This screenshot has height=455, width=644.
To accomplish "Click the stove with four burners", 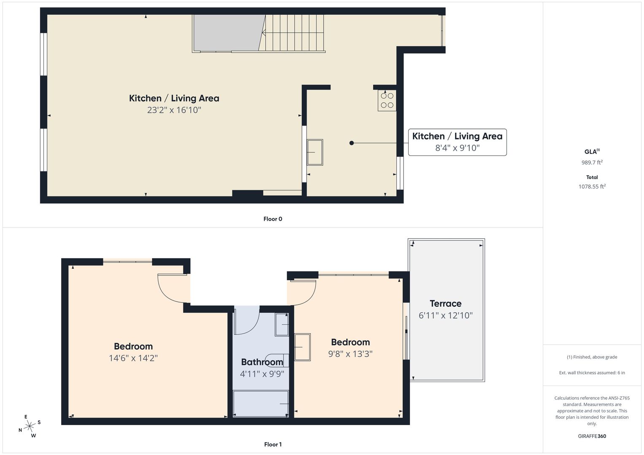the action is tap(387, 101).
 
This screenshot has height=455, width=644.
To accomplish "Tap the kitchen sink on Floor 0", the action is tap(315, 152).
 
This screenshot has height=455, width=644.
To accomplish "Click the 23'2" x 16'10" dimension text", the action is tap(174, 110).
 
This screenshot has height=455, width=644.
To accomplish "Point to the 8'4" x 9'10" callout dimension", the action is tap(458, 148).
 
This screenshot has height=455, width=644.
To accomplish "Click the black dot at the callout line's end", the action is tap(352, 143).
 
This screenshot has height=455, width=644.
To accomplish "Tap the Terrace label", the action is tap(446, 304).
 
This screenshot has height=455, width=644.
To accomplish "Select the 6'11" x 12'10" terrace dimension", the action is tap(446, 316).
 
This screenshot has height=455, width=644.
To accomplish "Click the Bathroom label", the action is tap(262, 362).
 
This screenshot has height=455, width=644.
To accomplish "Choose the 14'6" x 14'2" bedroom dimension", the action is tap(133, 358).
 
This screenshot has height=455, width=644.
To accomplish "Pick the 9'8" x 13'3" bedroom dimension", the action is tap(350, 353).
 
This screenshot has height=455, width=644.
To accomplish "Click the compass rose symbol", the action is tap(30, 426).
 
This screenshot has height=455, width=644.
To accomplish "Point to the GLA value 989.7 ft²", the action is tap(592, 162).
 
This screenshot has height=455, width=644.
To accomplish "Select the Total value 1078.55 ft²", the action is tap(592, 186).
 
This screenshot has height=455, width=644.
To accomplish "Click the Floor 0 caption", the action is tap(273, 219).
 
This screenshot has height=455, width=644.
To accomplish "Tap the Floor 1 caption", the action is tap(273, 444).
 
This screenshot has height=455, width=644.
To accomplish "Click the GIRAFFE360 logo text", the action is tap(592, 436).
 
